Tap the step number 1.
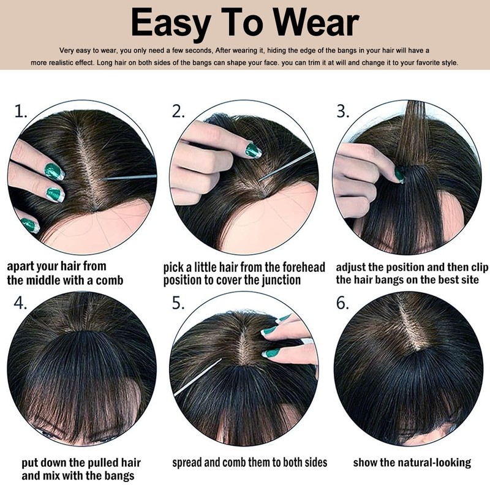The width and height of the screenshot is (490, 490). (x=21, y=111)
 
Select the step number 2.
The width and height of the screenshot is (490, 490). (x=178, y=111)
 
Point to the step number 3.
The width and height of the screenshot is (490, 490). (x=342, y=111)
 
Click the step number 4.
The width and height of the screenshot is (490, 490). (x=20, y=303)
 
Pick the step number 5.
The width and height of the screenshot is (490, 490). (x=178, y=303)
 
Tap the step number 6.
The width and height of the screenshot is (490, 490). (x=342, y=303)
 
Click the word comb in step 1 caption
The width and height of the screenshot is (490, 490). (x=110, y=281)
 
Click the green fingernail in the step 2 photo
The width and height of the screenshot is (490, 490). (x=253, y=150)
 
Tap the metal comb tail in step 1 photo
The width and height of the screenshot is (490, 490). (x=129, y=178)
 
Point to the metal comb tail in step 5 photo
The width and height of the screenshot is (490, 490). (x=197, y=377)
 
